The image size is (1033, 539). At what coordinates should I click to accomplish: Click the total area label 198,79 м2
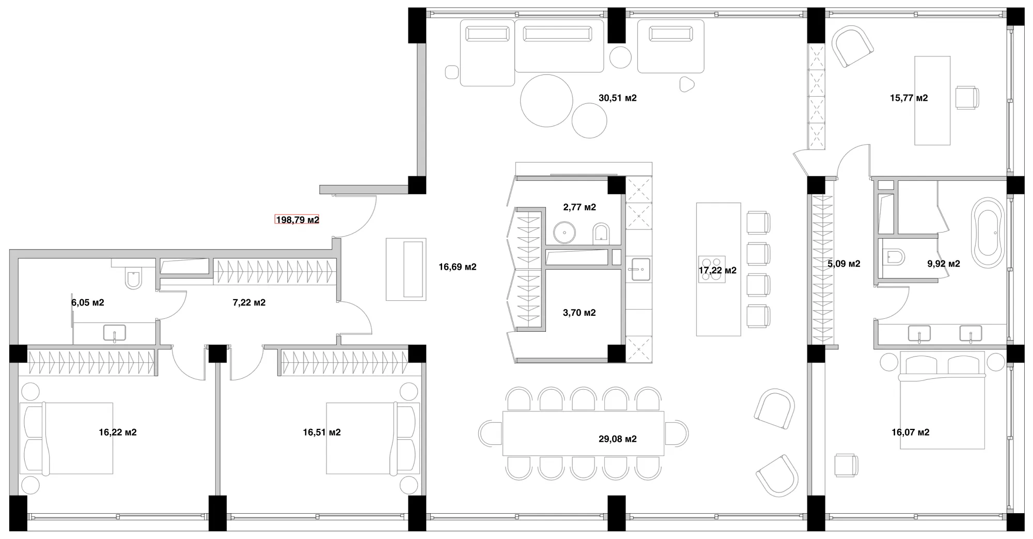coord(298,220)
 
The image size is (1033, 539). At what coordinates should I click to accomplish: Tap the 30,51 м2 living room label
coord(617,98)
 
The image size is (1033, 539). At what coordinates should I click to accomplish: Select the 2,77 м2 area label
coord(580,207)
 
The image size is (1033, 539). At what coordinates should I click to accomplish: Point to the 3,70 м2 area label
coord(579,313)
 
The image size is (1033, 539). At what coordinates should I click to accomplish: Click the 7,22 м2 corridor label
coord(249,302)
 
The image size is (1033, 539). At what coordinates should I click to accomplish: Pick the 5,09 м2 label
coord(844,264)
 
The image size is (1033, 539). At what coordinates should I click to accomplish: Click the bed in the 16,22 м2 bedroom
coord(67,438)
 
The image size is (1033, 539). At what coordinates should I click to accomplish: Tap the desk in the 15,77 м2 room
coord(932,100)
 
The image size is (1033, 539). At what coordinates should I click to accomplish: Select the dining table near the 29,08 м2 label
coord(583,433)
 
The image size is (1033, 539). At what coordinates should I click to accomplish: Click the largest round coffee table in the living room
coord(546,100)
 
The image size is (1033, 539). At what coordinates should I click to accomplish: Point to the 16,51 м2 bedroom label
coord(322,433)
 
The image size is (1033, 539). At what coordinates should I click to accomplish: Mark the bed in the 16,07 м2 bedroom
coord(943,400)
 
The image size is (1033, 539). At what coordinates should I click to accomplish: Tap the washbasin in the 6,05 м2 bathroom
coord(114,333)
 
